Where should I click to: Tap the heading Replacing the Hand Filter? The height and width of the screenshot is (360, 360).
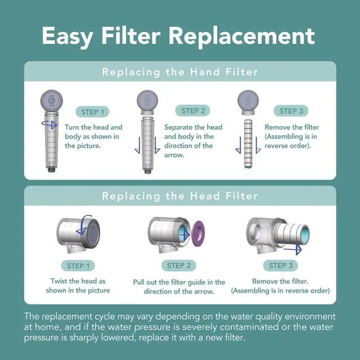pos(179,71)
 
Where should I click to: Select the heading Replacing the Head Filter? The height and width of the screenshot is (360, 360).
pos(179,196)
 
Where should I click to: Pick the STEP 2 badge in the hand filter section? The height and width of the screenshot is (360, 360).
pos(192,111)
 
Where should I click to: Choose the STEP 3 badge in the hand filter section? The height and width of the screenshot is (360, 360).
pos(292,111)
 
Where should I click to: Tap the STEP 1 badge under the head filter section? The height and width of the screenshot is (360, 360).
pos(78,265)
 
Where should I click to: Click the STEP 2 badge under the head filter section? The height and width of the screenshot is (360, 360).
pos(179,265)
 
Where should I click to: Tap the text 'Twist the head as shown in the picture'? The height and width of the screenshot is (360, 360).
pos(78,286)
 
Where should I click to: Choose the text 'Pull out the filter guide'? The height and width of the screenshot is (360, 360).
pos(179,282)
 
